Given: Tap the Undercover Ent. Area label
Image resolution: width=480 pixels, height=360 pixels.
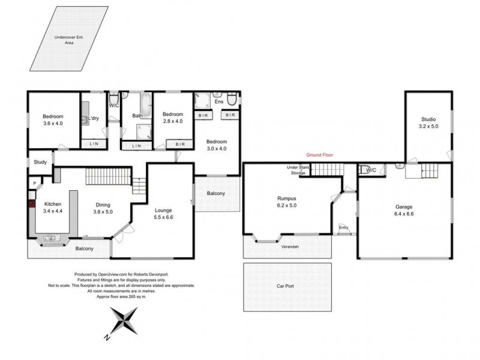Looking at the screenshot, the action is coord(69,40).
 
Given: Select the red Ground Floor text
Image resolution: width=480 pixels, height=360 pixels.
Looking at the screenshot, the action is coord(320,155).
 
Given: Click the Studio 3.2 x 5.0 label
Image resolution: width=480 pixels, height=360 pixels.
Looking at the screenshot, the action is coord(428,123).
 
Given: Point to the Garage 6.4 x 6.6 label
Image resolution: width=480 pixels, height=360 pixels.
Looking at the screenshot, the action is coord(404,211).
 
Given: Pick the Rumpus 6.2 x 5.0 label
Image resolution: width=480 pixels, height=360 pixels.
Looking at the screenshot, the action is coord(287,202).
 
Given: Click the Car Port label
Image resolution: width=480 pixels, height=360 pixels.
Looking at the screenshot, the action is coord(285,286).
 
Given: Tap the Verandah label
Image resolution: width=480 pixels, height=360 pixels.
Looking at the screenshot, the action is coord(290,247).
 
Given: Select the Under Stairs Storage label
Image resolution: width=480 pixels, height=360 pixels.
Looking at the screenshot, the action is coord(298,170).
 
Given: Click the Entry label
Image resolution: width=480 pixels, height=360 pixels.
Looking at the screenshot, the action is coord(343,227).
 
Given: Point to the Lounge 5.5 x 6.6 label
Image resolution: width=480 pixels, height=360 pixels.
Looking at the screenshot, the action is coord(163,214).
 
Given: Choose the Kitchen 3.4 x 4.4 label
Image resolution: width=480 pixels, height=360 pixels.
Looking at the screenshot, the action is coord(53,207).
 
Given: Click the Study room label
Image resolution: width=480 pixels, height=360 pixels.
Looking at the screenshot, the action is coord(40,162).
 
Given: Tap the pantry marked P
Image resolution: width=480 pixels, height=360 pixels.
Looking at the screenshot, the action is coord(35,184).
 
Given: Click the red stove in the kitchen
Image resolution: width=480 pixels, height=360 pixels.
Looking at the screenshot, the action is coord(32,204).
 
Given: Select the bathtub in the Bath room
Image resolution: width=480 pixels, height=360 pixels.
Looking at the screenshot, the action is coord(146,106).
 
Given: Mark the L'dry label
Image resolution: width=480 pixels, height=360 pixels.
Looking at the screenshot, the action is coord(94,118).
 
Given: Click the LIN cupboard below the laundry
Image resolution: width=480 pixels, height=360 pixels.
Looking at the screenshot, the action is coord(94,143).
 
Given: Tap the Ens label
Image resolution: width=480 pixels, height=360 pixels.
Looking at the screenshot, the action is coord(219,101).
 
